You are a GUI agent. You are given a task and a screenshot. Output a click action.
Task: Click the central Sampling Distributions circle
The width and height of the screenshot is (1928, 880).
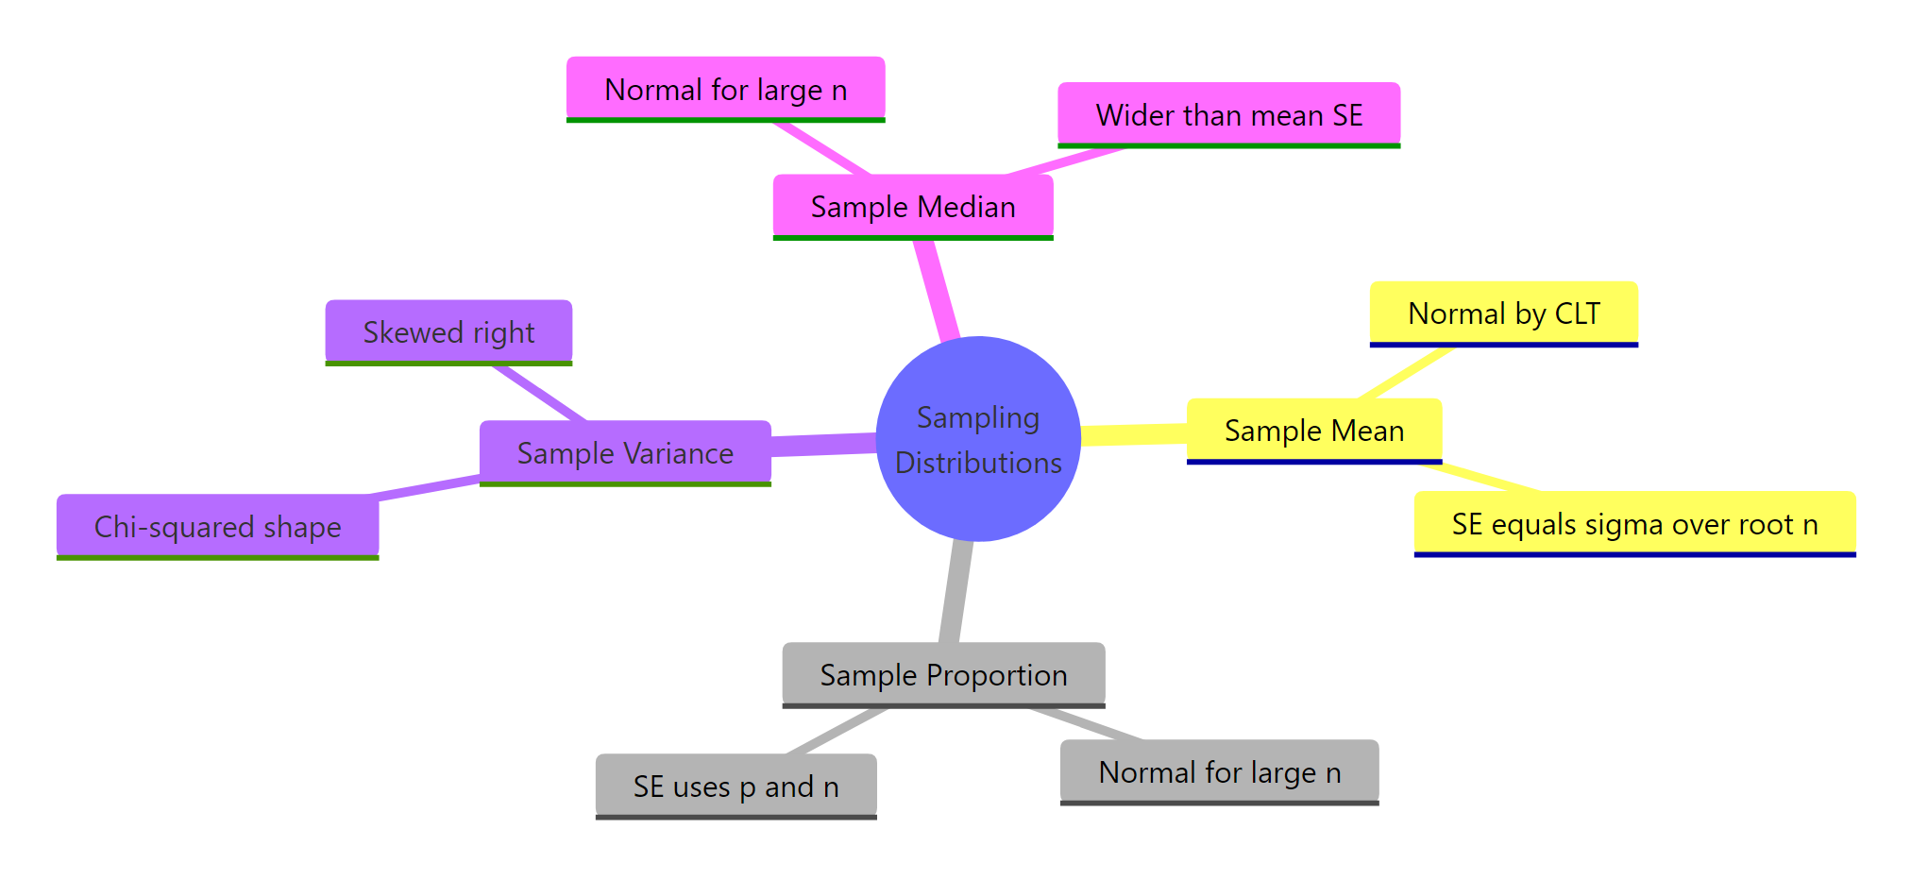point(978,439)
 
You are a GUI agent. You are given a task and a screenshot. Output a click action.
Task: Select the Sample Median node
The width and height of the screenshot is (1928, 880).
point(913,206)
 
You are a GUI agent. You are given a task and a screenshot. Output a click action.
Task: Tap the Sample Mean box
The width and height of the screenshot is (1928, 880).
point(1313,431)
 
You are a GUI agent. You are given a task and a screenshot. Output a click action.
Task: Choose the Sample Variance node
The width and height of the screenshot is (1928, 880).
point(625,452)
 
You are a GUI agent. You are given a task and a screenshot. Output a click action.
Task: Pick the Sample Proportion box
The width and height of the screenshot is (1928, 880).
point(943,674)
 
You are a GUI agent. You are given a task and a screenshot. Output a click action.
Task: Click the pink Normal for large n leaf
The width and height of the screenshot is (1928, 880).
point(725,89)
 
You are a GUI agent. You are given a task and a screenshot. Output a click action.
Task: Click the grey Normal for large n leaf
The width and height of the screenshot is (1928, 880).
point(1219,771)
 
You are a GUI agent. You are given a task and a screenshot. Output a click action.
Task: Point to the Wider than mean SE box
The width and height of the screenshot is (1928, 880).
point(1228,114)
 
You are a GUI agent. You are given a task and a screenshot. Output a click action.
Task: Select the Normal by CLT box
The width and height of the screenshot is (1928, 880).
point(1503,313)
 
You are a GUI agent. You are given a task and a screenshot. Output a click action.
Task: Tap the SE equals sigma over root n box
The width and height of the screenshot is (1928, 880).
point(1634,523)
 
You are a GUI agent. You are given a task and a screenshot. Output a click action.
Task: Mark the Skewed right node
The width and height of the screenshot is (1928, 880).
point(448,331)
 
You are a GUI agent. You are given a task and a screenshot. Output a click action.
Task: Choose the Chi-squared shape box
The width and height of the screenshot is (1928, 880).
point(217,526)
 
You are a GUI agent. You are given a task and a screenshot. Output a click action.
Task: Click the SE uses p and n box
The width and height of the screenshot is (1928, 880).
point(736,786)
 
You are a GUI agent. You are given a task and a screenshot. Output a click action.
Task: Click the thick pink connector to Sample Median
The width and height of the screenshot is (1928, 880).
point(938,291)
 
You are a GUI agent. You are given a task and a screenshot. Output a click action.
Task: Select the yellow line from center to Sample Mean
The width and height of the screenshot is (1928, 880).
point(1133,434)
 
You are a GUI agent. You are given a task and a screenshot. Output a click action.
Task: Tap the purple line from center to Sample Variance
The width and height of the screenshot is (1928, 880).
point(823,445)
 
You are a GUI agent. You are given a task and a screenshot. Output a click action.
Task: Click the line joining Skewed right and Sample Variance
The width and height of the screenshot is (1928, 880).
point(538,392)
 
